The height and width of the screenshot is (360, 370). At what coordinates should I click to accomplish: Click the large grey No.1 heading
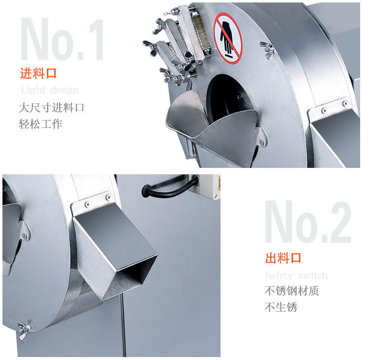(x=62, y=39)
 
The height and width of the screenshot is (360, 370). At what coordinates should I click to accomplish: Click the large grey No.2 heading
(x=308, y=222)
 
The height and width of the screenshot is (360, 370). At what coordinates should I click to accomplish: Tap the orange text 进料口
(x=38, y=73)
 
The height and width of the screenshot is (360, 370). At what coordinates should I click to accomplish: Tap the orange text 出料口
(x=283, y=258)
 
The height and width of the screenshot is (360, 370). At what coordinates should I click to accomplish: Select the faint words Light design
(x=49, y=90)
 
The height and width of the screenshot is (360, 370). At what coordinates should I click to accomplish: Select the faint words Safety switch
(x=296, y=276)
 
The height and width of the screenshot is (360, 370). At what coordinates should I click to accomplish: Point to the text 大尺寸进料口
(x=51, y=108)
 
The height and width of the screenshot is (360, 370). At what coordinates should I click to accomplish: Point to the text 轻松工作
(x=40, y=124)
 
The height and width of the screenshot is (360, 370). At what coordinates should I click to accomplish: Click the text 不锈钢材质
(x=292, y=291)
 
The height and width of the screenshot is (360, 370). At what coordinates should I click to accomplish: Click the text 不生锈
(x=281, y=307)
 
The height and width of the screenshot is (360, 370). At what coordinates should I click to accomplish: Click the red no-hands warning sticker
(x=228, y=38)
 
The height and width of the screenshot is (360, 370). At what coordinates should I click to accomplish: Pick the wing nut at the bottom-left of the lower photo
(x=23, y=329)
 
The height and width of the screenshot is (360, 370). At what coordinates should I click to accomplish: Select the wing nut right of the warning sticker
(x=267, y=49)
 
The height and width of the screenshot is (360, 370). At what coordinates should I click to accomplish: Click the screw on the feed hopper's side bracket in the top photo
(x=261, y=142)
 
